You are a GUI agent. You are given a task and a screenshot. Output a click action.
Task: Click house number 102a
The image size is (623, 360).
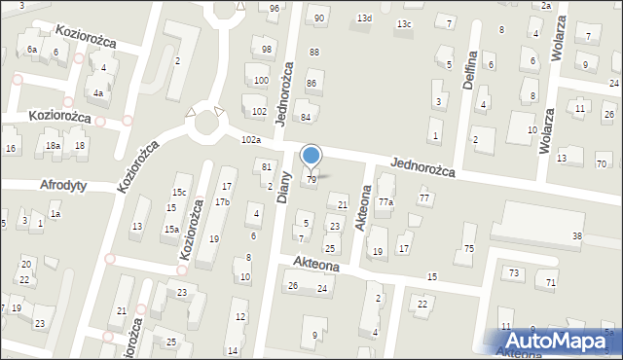click(x=251, y=140)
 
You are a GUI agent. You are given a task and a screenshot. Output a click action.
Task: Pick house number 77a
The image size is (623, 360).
click(x=385, y=201)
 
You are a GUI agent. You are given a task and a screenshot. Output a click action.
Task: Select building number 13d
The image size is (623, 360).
click(x=364, y=18)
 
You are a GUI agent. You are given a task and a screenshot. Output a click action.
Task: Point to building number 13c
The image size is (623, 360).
click(x=404, y=23)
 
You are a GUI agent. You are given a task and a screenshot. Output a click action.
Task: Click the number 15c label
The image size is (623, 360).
click(x=179, y=192)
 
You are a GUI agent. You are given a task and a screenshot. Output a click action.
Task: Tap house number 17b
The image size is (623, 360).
click(x=222, y=201)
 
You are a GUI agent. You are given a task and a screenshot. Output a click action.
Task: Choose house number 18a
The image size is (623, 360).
click(x=53, y=146)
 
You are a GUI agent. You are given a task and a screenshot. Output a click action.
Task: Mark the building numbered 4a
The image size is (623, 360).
click(x=98, y=94)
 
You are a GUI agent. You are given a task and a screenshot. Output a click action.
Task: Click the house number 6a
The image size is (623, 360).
click(x=32, y=49)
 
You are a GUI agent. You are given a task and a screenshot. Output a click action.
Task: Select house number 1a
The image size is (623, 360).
click(x=55, y=214)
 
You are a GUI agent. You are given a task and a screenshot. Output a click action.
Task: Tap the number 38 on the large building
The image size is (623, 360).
click(x=577, y=236)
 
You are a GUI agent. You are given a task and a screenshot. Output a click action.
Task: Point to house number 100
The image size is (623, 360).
click(x=260, y=80)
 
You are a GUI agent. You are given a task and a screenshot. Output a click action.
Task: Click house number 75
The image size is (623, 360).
click(x=468, y=250)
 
